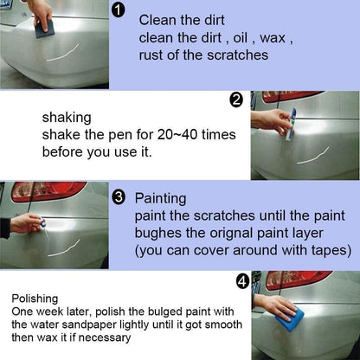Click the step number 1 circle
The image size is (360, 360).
pyautogui.click(x=119, y=11)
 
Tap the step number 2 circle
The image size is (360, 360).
pyautogui.click(x=236, y=100)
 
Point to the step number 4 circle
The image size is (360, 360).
pyautogui.click(x=242, y=281)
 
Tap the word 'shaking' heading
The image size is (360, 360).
pyautogui.click(x=67, y=116)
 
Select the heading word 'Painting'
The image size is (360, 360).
pyautogui.click(x=161, y=197)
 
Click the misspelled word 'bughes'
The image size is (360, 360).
pyautogui.click(x=156, y=233)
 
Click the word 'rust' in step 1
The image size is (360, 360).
pyautogui.click(x=153, y=55)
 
